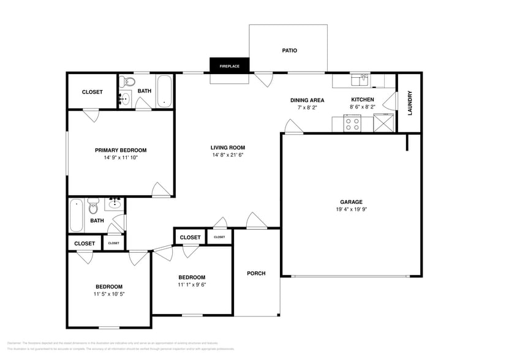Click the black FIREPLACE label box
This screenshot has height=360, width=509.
tap(230, 66)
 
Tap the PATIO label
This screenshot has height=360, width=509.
tap(289, 50)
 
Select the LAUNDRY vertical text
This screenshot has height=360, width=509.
tap(410, 103)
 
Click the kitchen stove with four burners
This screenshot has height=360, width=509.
tap(352, 124)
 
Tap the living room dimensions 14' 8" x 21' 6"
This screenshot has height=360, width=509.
tap(228, 155)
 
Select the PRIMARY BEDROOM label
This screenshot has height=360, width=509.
tap(121, 150)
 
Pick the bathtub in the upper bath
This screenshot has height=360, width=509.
tap(165, 91)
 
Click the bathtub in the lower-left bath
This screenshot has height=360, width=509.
tap(76, 216)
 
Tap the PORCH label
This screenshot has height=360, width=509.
tap(256, 273)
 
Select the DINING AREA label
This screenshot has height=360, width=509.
tap(307, 100)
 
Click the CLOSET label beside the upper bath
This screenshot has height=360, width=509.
tap(92, 92)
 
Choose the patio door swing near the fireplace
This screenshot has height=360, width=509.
tap(263, 79)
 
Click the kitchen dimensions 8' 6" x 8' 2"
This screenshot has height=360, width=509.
tap(362, 107)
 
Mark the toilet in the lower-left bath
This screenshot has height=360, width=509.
tap(93, 206)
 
